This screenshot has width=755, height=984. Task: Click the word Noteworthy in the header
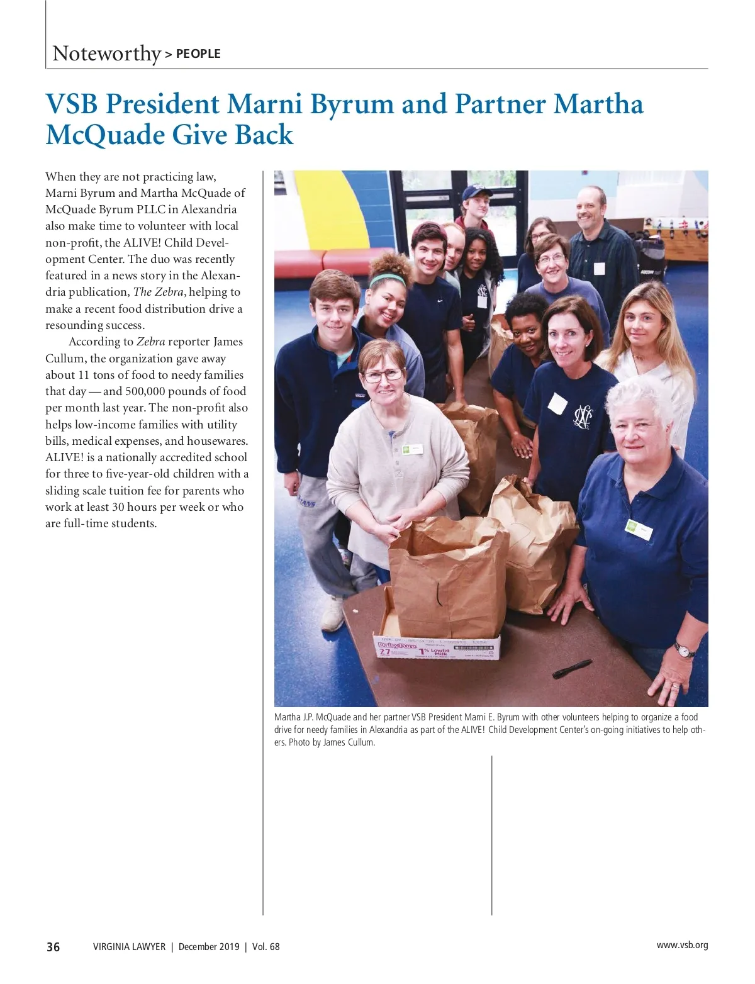pos(107,53)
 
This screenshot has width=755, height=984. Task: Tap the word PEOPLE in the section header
pos(198,54)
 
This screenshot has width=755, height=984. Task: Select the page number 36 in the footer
pos(53,947)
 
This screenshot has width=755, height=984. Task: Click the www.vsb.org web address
pos(682,945)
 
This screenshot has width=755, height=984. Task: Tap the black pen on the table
pos(572,668)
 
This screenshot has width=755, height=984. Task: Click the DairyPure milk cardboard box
pos(437,646)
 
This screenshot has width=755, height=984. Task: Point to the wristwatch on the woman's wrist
pos(685,649)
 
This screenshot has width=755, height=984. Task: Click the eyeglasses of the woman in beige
pos(383,375)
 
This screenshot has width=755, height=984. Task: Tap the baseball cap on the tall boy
pos(476,192)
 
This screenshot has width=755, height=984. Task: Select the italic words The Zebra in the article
pos(159,292)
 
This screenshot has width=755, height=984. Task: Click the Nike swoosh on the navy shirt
pos(440,301)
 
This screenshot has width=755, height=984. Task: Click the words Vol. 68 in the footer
pos(266,947)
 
